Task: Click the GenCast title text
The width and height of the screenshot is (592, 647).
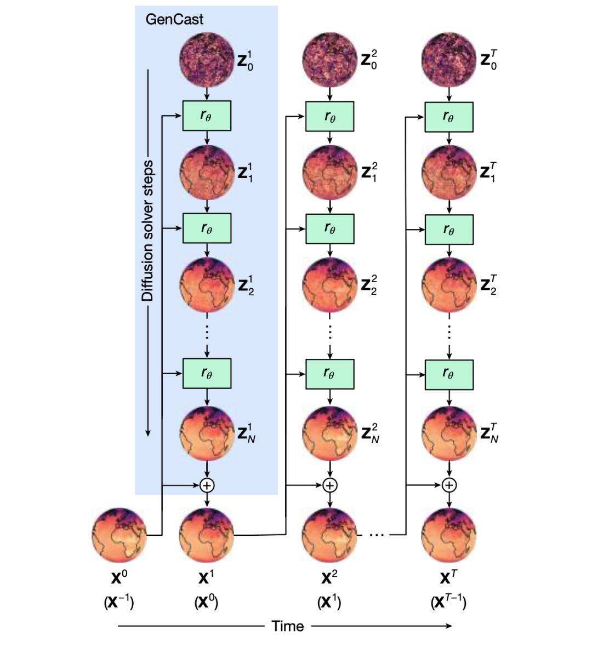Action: point(174,19)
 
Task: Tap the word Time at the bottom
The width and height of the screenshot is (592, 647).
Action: point(288,626)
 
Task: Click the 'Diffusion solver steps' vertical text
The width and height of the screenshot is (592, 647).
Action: point(147,231)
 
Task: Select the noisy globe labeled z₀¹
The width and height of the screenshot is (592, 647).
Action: point(207,60)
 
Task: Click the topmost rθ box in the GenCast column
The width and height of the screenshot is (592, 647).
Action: point(207,116)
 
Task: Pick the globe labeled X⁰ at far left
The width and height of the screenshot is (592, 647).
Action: point(119,535)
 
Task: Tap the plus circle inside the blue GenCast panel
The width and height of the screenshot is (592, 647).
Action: point(207,485)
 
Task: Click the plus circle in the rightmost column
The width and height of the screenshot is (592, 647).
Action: point(449,485)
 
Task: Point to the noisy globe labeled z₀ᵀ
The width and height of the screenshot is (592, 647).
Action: point(449,60)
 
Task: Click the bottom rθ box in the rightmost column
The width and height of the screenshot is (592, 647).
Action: point(449,375)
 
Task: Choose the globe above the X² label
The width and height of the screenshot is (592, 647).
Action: point(330,536)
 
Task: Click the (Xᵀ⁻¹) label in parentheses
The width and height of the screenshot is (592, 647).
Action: point(448,603)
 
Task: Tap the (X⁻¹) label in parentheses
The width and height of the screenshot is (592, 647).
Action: point(119,603)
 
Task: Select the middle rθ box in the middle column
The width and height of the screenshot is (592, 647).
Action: point(330,228)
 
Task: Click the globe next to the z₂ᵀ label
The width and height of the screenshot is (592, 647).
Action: point(449,285)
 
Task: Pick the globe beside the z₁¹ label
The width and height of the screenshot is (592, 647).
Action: point(207,173)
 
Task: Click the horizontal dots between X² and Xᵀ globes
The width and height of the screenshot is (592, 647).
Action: point(377,535)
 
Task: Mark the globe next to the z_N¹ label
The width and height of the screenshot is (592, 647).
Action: point(207,434)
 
